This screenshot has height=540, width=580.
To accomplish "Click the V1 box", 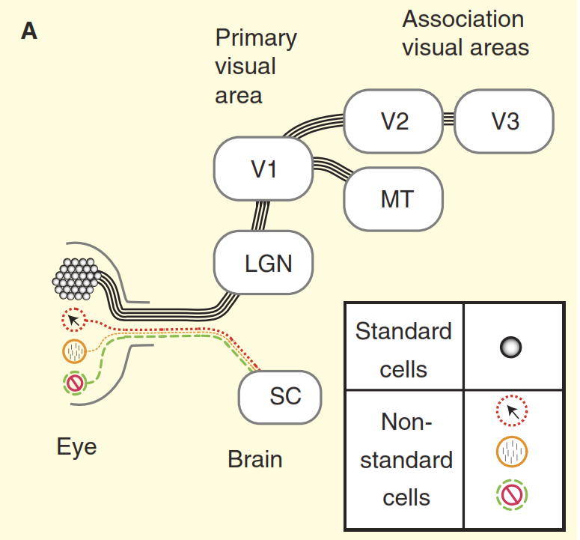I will [x=263, y=169].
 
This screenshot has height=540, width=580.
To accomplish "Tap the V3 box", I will [x=504, y=120].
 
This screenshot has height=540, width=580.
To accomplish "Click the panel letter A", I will [x=29, y=31].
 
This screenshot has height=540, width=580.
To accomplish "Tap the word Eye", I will [x=76, y=447].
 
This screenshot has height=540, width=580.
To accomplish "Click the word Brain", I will [x=255, y=458].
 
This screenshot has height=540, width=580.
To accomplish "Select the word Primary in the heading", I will [x=256, y=38].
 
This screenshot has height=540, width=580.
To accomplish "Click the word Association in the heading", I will [x=463, y=19].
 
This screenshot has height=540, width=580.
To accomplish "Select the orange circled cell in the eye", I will [x=75, y=351].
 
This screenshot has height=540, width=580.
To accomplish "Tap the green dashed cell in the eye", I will [x=75, y=383].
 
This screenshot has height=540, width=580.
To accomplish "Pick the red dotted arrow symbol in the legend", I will [x=512, y=410].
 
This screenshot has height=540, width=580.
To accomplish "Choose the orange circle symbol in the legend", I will [x=512, y=452].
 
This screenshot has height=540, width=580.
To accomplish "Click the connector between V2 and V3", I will [x=448, y=120].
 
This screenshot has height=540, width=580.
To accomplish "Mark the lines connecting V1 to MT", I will [x=332, y=169].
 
